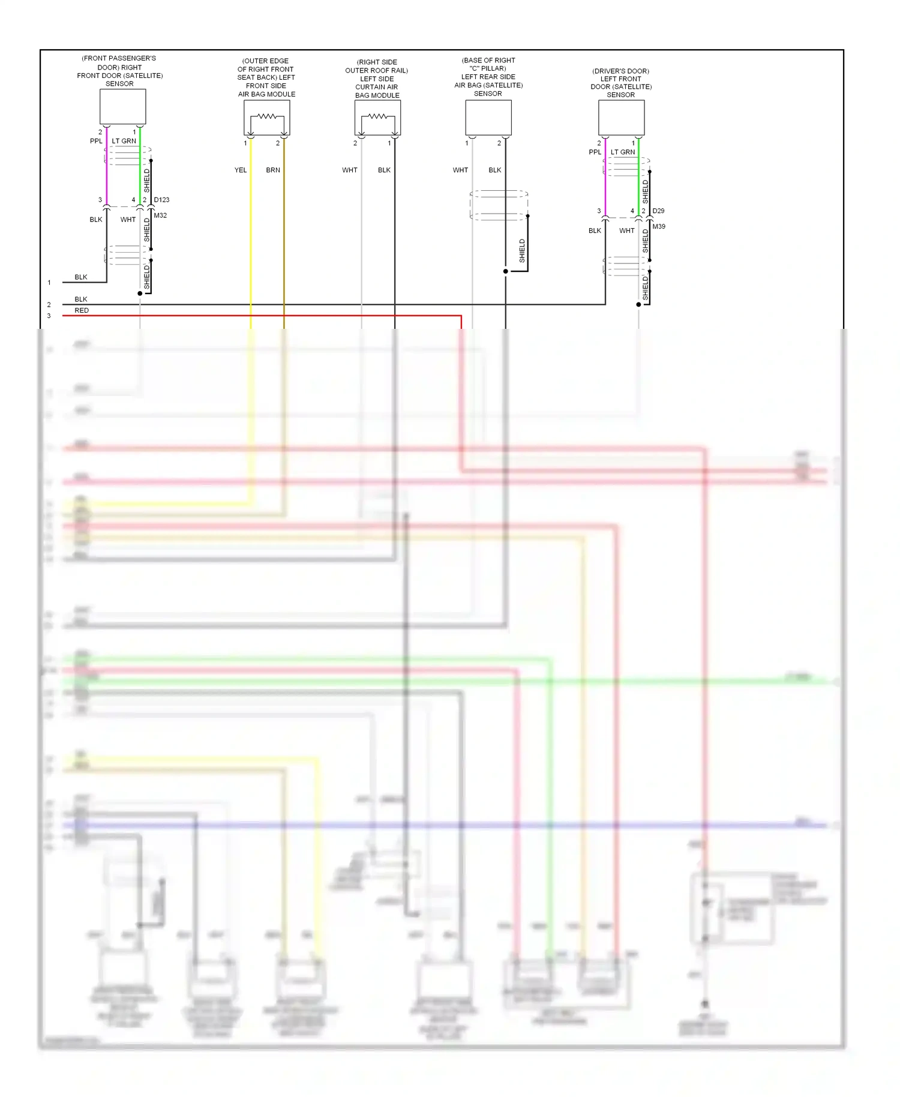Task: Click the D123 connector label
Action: coord(161,200)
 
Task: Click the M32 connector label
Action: coord(160,215)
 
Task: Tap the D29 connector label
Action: coord(658,211)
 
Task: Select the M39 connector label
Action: coord(659,227)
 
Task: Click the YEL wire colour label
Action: coord(241,170)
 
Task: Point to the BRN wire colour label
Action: coord(273,170)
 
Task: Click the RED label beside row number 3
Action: coord(82,311)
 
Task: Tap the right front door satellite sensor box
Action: coord(122,107)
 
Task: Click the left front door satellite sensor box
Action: coord(621,118)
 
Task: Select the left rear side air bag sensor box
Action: coord(488,118)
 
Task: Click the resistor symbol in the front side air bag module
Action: coord(267,116)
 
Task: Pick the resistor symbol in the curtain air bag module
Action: coord(377,116)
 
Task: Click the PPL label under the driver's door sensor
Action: coord(595,152)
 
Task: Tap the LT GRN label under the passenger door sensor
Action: coord(124,141)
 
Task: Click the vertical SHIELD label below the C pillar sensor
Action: coord(522,251)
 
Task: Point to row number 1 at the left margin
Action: coord(49,283)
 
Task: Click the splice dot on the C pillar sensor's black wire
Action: coord(506,271)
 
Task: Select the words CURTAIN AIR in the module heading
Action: coord(376,87)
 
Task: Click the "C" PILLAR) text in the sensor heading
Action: coord(488,68)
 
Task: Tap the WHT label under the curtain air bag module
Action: coord(350,170)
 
